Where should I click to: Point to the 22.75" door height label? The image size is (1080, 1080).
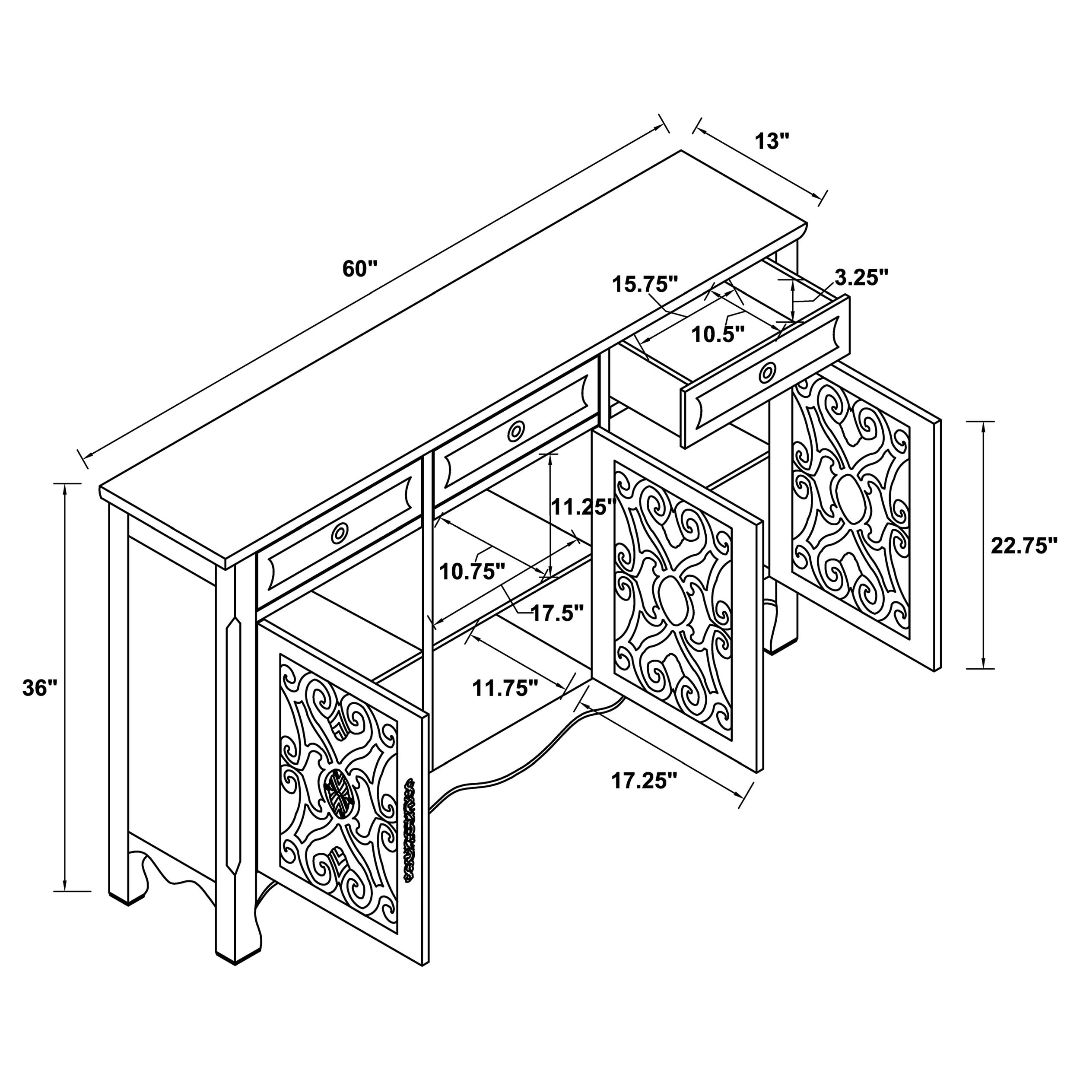click(x=1024, y=546)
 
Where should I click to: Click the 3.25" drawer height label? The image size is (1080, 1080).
click(x=861, y=278)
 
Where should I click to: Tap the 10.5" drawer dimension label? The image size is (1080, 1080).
click(x=718, y=335)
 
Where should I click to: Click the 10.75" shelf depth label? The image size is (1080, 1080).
click(x=472, y=571)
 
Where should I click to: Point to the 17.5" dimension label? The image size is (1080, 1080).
click(x=557, y=613)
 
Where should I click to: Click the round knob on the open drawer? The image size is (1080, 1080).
click(x=768, y=372)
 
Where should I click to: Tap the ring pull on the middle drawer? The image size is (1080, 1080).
click(x=516, y=431)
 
